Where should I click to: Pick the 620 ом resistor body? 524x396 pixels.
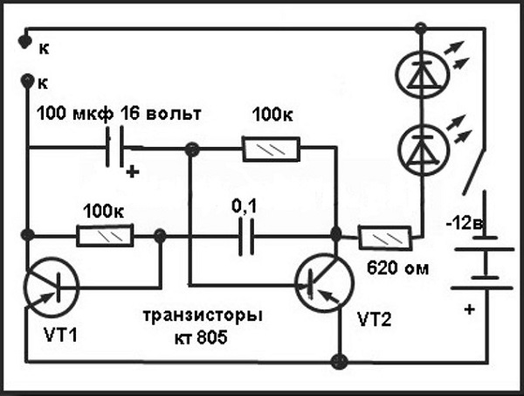click(x=385, y=236)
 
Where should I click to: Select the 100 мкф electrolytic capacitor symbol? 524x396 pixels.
click(x=114, y=149)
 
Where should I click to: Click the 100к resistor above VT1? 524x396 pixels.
click(x=107, y=236)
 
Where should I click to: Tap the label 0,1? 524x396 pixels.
click(x=245, y=207)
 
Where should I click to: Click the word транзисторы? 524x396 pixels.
click(x=206, y=315)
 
